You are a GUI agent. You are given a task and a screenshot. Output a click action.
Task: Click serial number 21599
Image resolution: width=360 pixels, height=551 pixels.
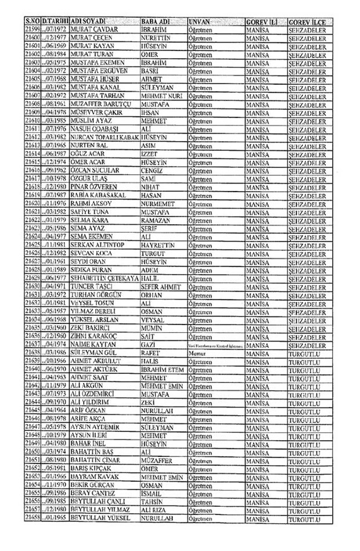[33, 30]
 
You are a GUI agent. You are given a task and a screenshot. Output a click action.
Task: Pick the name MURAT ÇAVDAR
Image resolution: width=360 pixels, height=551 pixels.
[94, 30]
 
